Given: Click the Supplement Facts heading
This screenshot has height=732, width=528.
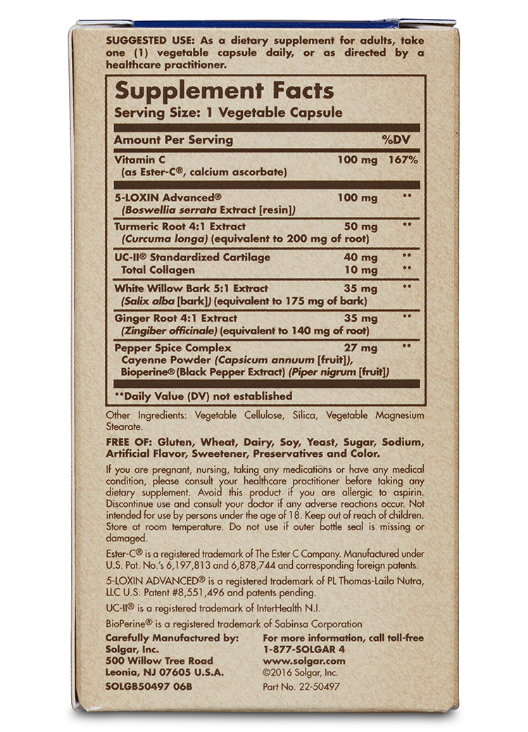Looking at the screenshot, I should pos(225,91).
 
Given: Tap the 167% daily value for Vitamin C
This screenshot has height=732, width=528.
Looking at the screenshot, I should pos(403,160).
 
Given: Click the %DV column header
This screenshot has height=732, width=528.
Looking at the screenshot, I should pos(401,139).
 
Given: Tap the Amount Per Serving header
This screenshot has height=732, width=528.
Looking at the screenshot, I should pos(173,139).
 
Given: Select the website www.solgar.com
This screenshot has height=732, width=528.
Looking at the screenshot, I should pos(303,661).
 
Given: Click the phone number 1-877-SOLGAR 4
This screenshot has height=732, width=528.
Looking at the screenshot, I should pos(303,650).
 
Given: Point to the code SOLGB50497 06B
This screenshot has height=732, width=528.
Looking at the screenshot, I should pos(149,686).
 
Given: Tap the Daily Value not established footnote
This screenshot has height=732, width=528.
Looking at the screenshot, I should pos(203,396).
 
